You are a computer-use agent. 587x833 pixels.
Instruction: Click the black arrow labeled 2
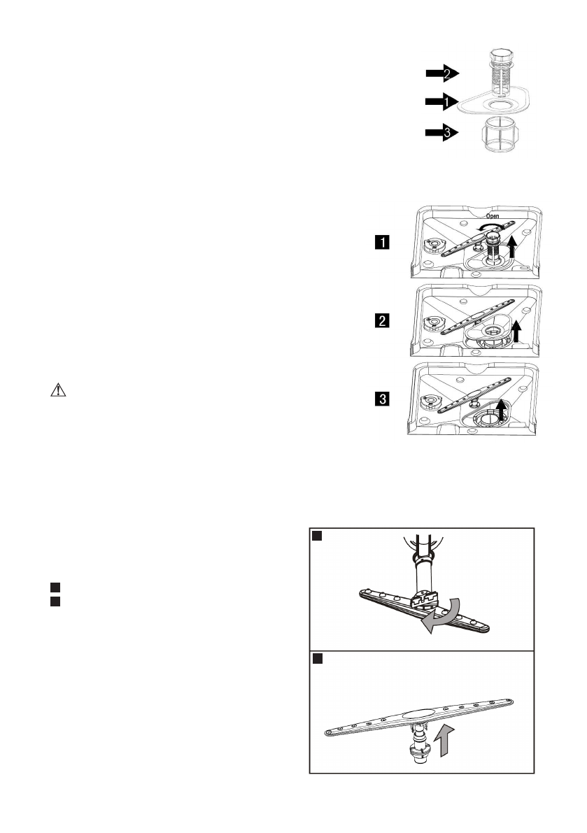[441, 73]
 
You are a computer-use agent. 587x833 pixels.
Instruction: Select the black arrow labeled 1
[441, 102]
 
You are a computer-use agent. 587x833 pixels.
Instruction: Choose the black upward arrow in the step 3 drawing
[502, 410]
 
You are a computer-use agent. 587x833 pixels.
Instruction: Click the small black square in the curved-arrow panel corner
[317, 536]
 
